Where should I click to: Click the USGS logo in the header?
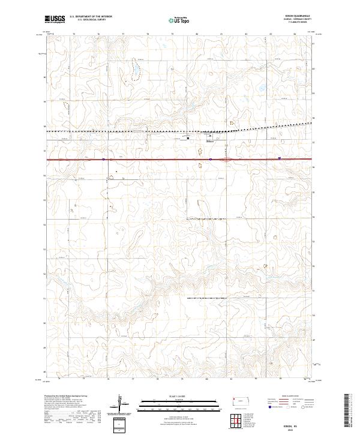(55, 20)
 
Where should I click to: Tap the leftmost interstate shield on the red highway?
(103, 159)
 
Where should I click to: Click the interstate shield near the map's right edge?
(280, 158)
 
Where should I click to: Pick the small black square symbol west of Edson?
(188, 138)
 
